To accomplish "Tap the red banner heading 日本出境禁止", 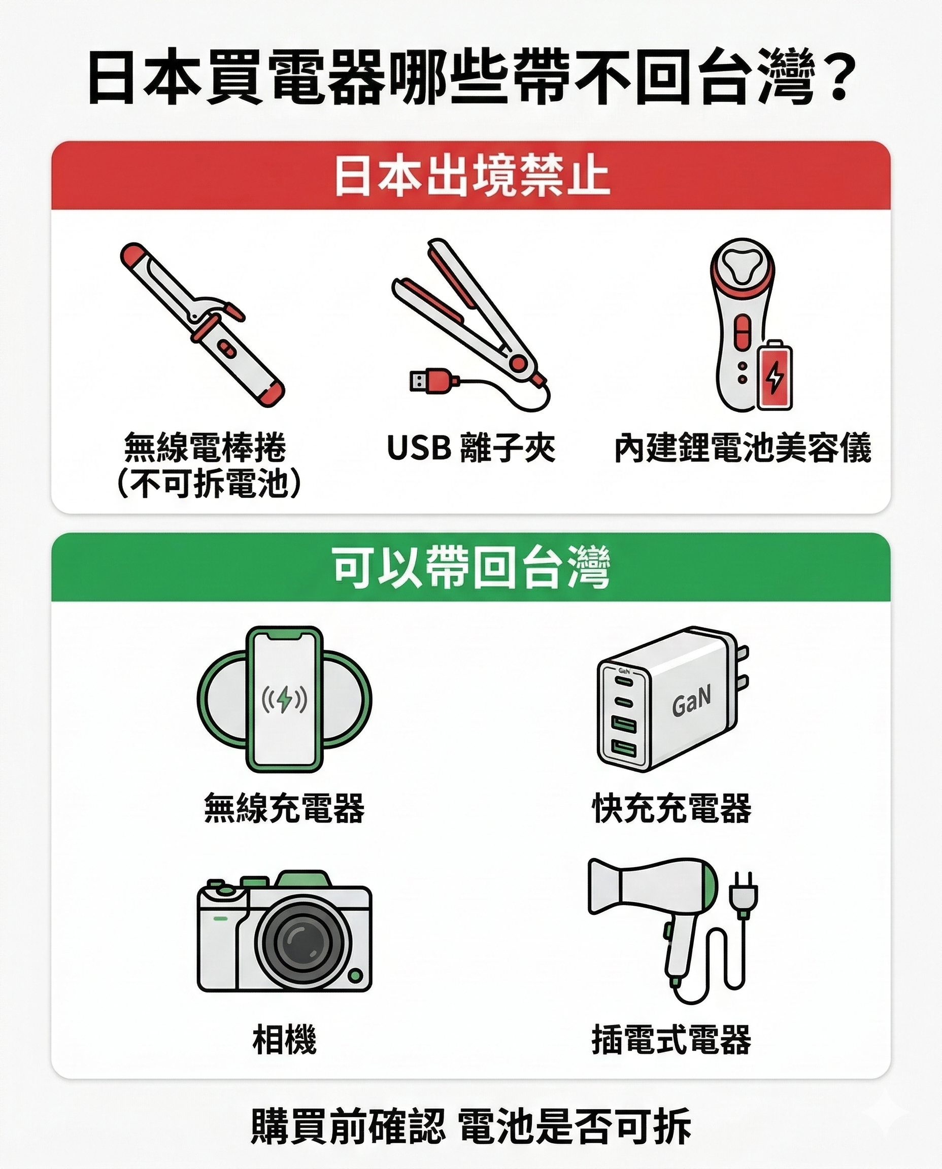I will pyautogui.click(x=471, y=176).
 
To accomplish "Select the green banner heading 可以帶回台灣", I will pyautogui.click(x=471, y=568).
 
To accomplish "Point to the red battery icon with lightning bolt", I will pyautogui.click(x=775, y=375).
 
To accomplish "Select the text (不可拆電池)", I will pyautogui.click(x=209, y=484).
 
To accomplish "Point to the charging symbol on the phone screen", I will pyautogui.click(x=284, y=700).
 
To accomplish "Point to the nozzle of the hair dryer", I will pyautogui.click(x=602, y=886).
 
